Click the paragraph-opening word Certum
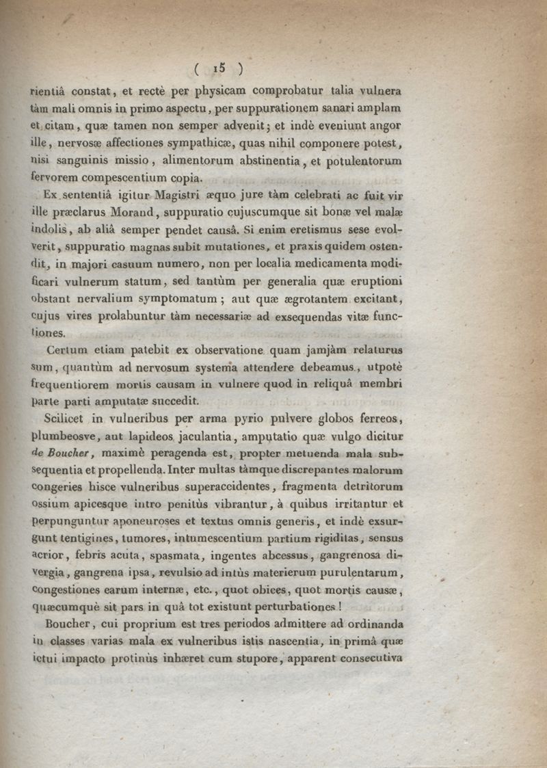[x=64, y=350]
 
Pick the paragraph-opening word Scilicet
[x=66, y=419]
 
